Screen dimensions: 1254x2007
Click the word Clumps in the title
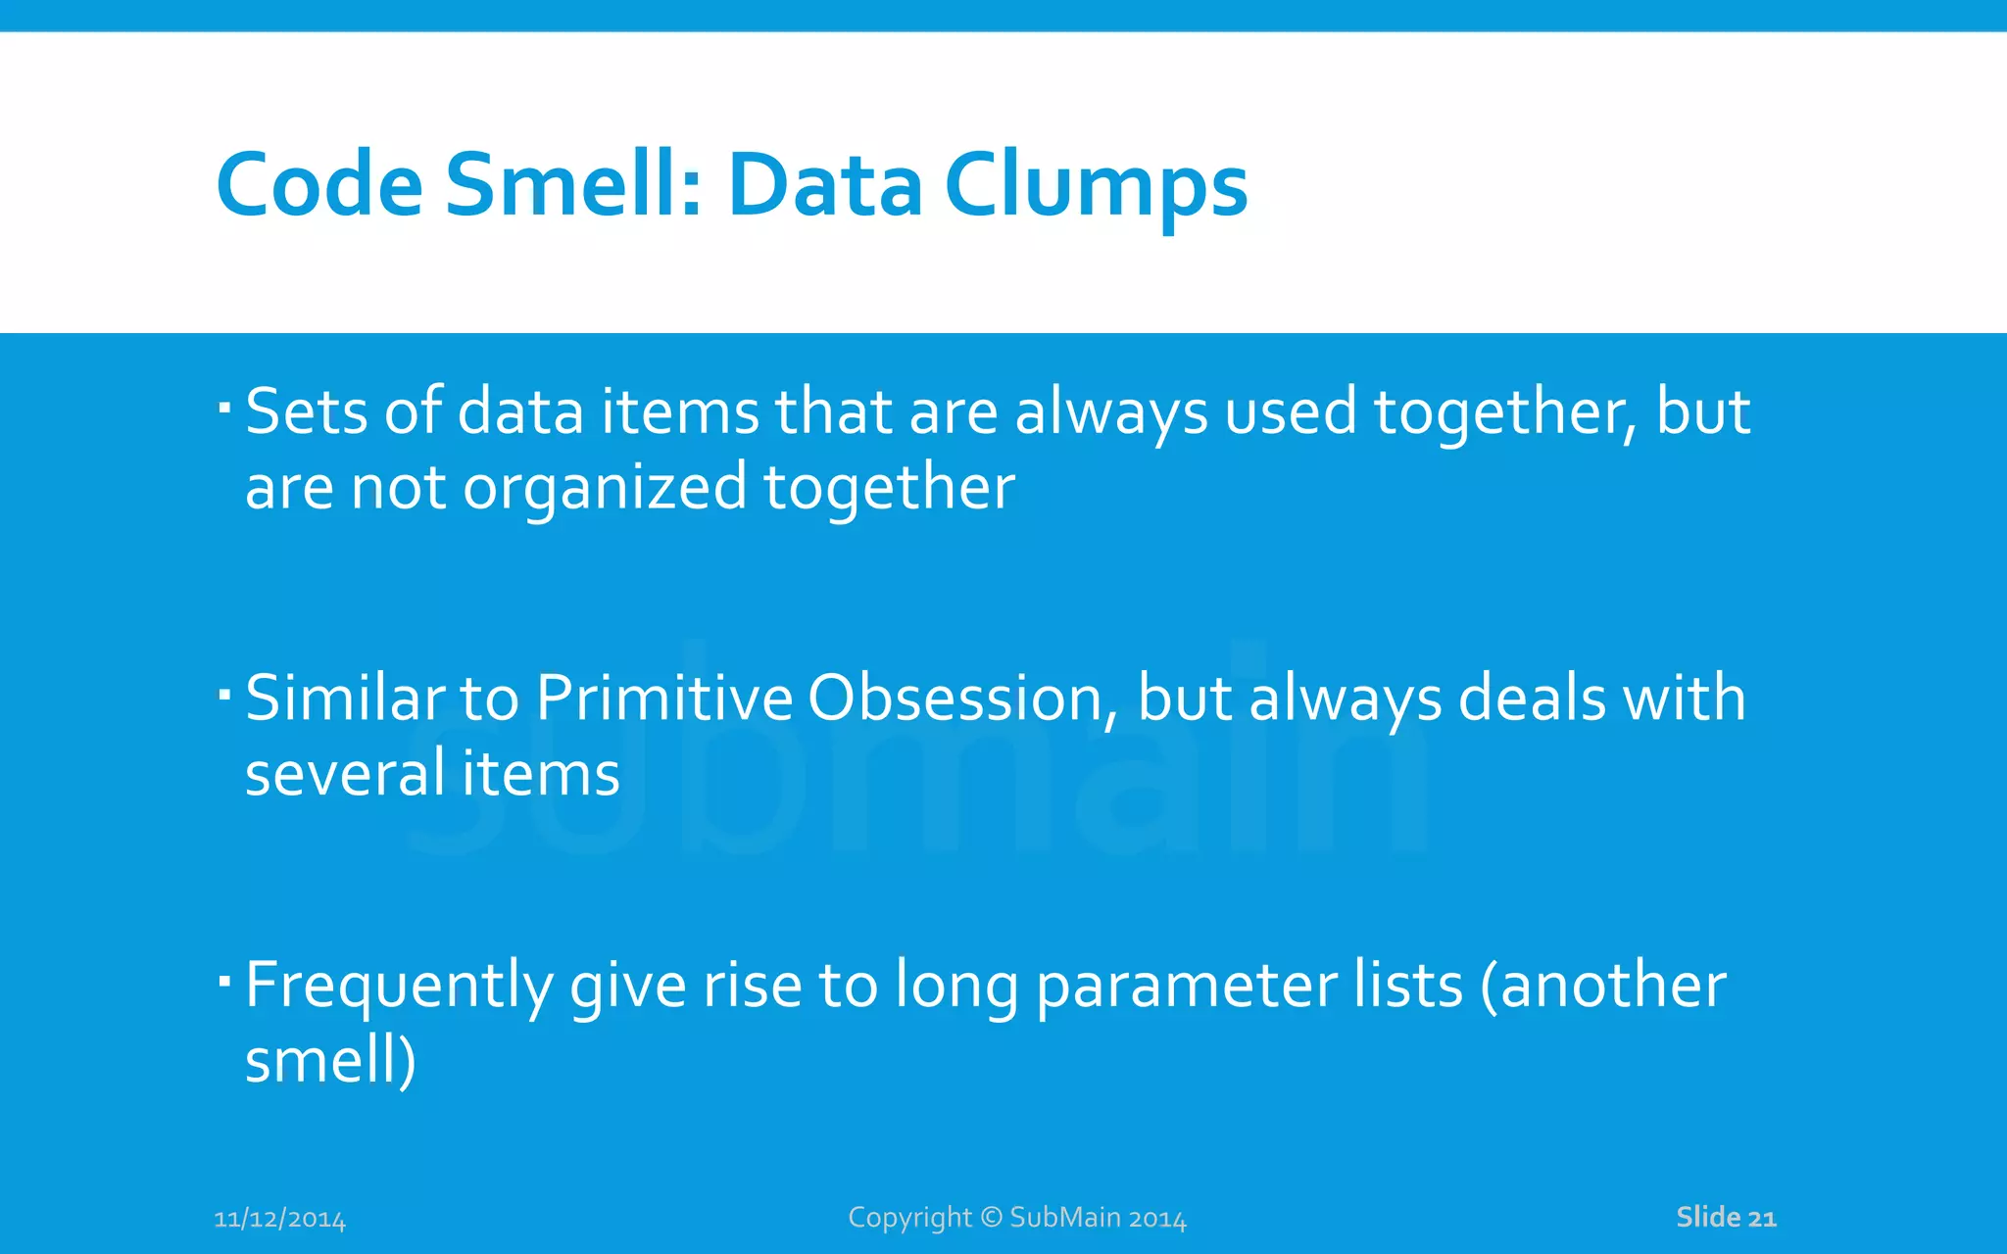pyautogui.click(x=1095, y=186)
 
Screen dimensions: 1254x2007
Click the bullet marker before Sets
pyautogui.click(x=224, y=406)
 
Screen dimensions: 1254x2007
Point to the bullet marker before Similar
pyautogui.click(x=224, y=694)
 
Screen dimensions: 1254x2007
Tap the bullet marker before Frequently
pyautogui.click(x=224, y=980)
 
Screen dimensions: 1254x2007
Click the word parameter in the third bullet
pyautogui.click(x=1186, y=986)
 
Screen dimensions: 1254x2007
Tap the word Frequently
pyautogui.click(x=398, y=986)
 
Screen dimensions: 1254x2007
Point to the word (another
pyautogui.click(x=1603, y=986)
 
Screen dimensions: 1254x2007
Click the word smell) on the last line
pyautogui.click(x=330, y=1061)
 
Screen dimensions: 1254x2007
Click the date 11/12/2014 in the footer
pyautogui.click(x=279, y=1220)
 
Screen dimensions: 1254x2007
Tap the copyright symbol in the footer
pyautogui.click(x=991, y=1217)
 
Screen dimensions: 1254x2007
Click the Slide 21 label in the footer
pyautogui.click(x=1725, y=1217)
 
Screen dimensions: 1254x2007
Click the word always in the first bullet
pyautogui.click(x=1110, y=411)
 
